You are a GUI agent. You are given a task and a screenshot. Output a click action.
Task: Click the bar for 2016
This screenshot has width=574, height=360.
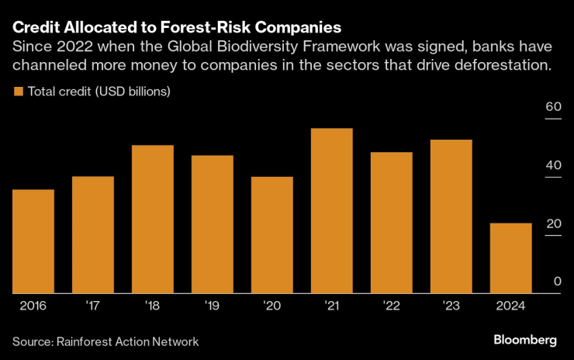(33, 241)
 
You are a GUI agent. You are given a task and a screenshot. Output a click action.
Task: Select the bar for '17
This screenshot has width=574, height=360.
(92, 235)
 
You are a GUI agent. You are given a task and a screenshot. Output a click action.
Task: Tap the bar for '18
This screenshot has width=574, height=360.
(152, 220)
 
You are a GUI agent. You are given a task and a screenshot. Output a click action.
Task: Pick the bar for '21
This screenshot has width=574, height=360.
(331, 211)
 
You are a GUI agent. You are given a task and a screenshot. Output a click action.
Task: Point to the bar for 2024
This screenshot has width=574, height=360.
(511, 258)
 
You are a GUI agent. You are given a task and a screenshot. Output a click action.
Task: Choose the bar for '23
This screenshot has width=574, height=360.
(451, 216)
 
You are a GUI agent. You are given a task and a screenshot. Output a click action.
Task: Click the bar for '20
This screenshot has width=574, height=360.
(271, 235)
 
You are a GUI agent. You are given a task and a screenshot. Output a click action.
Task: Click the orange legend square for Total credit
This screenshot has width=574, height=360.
(19, 92)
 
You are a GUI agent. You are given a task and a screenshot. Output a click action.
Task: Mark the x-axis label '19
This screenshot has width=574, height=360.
(212, 306)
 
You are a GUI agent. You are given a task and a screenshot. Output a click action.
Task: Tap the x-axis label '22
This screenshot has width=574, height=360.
(391, 306)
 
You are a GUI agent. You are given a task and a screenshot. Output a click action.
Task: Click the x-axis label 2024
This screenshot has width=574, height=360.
(510, 306)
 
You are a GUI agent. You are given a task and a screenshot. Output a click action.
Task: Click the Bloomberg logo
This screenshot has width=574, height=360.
(525, 341)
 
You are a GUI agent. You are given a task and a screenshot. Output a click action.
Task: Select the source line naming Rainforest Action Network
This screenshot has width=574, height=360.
(105, 341)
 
